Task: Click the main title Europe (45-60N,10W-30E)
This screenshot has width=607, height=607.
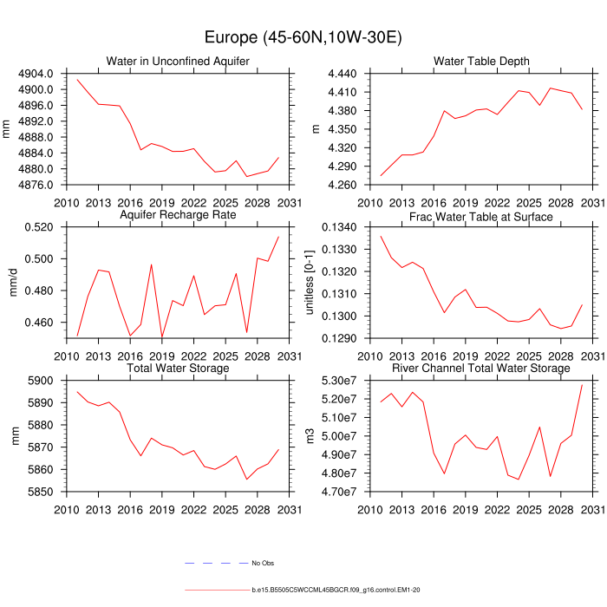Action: click(303, 37)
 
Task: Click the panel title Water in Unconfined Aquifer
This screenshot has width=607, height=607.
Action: click(178, 61)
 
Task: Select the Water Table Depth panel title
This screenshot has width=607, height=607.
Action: click(481, 61)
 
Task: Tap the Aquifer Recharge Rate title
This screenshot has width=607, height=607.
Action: click(178, 216)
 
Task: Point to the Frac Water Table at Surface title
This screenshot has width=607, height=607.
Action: click(481, 216)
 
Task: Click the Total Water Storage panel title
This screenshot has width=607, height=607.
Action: click(178, 369)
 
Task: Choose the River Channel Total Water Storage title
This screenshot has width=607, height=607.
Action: click(481, 369)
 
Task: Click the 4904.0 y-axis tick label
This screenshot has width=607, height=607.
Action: click(37, 74)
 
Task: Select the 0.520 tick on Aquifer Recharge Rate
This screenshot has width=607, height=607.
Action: click(41, 227)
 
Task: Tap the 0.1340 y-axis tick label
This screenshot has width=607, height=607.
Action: click(341, 227)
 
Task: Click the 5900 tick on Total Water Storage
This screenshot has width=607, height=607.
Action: click(43, 381)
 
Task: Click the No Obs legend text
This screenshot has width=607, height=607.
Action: click(264, 564)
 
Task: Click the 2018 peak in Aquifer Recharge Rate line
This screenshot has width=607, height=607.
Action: click(151, 264)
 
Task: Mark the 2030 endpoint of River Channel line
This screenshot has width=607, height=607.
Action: click(582, 384)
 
